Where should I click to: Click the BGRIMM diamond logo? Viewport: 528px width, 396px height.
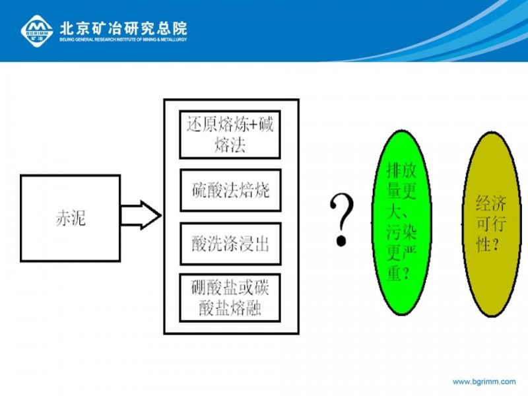37,31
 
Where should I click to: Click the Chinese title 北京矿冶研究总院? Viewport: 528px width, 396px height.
123,28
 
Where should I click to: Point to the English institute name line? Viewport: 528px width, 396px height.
123,40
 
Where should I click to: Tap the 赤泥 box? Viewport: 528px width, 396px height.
71,218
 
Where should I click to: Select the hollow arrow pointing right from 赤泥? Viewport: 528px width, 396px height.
141,215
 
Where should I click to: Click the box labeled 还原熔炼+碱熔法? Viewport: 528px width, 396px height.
230,135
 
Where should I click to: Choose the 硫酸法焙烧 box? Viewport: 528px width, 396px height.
230,190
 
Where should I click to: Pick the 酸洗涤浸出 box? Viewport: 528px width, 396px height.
230,244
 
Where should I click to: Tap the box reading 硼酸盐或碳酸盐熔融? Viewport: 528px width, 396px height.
230,298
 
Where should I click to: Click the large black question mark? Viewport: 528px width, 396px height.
342,220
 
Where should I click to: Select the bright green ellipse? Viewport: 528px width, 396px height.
402,222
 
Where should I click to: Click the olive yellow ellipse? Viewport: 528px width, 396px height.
491,224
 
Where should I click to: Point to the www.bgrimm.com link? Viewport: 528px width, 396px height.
484,381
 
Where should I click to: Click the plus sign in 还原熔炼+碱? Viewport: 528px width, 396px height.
253,125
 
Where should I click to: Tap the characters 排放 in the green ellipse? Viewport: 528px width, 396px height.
401,170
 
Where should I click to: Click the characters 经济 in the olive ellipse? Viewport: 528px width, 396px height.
491,203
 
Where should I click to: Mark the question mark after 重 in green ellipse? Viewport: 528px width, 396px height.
406,273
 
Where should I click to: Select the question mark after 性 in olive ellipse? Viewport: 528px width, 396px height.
495,244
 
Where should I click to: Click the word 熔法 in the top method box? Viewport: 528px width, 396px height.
230,145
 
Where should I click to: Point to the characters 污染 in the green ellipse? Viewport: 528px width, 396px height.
401,232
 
